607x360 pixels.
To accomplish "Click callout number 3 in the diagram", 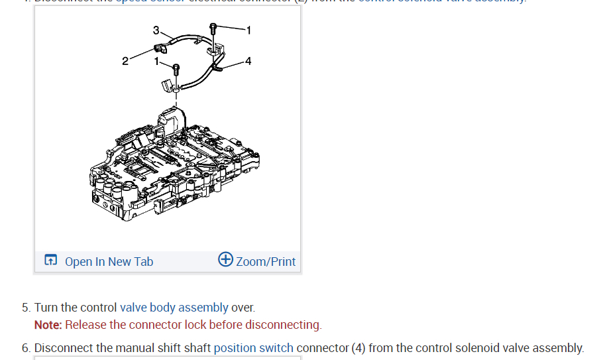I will pos(156,30).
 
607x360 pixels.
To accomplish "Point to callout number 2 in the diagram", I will pos(125,62).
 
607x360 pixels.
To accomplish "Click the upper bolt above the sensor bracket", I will pos(213,29).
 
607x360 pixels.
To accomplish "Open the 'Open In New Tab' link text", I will pos(109,262).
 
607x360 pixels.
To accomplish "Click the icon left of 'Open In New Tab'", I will pos(50,261).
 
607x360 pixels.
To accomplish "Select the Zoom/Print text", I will pos(266,262).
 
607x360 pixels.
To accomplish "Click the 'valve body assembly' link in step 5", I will pos(174,308).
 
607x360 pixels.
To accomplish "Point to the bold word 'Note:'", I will pos(48,325).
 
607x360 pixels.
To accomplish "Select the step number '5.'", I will pos(26,308).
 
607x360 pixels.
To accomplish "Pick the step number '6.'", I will pos(26,348).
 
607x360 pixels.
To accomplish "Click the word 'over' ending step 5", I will pos(242,308).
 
